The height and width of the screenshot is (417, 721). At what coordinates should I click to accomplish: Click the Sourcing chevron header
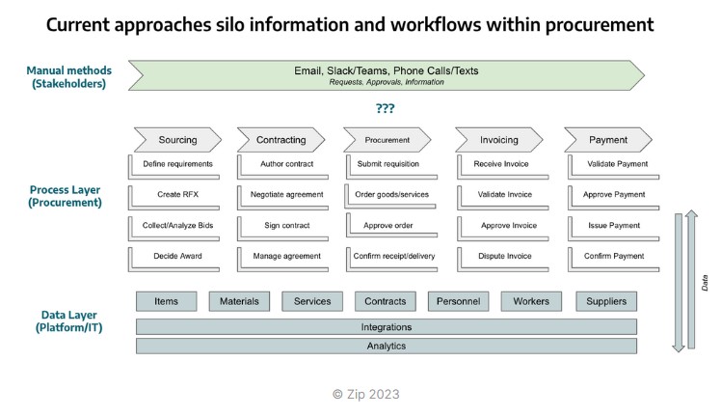pyautogui.click(x=177, y=140)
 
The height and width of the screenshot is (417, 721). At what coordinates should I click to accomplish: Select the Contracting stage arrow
pyautogui.click(x=280, y=140)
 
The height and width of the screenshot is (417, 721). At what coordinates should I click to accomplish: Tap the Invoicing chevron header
pyautogui.click(x=498, y=140)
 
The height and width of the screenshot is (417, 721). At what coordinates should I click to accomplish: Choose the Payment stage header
pyautogui.click(x=608, y=140)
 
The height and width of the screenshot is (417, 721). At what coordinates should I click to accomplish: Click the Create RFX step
pyautogui.click(x=177, y=195)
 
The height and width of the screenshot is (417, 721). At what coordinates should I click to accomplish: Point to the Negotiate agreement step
pyautogui.click(x=285, y=195)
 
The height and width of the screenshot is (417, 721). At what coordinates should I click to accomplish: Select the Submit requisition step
pyautogui.click(x=389, y=164)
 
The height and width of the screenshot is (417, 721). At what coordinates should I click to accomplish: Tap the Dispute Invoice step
pyautogui.click(x=505, y=257)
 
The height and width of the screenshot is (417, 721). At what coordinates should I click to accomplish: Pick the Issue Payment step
pyautogui.click(x=614, y=226)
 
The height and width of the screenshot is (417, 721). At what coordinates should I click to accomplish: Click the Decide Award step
pyautogui.click(x=177, y=257)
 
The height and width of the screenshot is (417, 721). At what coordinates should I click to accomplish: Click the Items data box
pyautogui.click(x=167, y=301)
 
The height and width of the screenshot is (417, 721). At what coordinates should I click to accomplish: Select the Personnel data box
pyautogui.click(x=458, y=301)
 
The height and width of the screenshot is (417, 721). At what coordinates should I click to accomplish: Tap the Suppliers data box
pyautogui.click(x=606, y=301)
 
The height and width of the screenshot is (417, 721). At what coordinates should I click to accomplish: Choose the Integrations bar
pyautogui.click(x=386, y=327)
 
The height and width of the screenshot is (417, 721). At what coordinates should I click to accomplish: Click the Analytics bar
pyautogui.click(x=386, y=346)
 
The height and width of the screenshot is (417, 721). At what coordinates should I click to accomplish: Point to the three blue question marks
pyautogui.click(x=385, y=108)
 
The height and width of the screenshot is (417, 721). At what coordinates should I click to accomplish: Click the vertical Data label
pyautogui.click(x=706, y=283)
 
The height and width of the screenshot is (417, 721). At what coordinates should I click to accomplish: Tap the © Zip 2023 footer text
pyautogui.click(x=365, y=394)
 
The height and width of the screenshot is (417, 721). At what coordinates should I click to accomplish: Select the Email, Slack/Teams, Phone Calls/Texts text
pyautogui.click(x=386, y=70)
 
